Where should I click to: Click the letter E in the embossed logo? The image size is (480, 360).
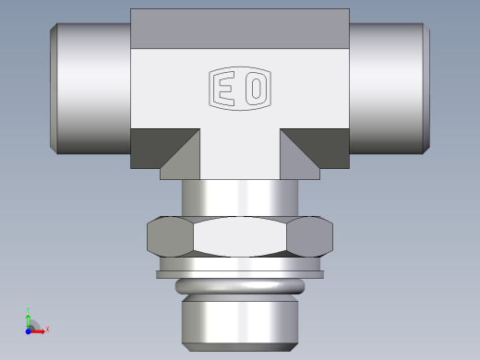pyautogui.click(x=225, y=90)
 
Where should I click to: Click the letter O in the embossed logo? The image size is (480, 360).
pyautogui.click(x=256, y=90)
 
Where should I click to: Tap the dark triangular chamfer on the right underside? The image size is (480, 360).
pyautogui.click(x=319, y=146)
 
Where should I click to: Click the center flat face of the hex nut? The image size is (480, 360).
pyautogui.click(x=240, y=237)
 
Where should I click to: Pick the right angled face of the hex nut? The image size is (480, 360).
pyautogui.click(x=310, y=237)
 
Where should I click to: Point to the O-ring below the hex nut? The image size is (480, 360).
pyautogui.click(x=240, y=287)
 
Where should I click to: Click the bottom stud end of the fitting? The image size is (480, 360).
pyautogui.click(x=240, y=323)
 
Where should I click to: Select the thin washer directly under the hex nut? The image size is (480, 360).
pyautogui.click(x=240, y=269)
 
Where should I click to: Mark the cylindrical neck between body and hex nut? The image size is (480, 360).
pyautogui.click(x=240, y=197)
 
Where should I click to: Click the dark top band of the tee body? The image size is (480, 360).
pyautogui.click(x=240, y=28)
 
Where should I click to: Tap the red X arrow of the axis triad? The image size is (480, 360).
pyautogui.click(x=40, y=329)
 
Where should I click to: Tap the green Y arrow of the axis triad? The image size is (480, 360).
pyautogui.click(x=30, y=317)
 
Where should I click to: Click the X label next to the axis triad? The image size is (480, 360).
pyautogui.click(x=47, y=329)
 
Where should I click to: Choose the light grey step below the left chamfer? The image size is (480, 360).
pyautogui.click(x=175, y=172)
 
